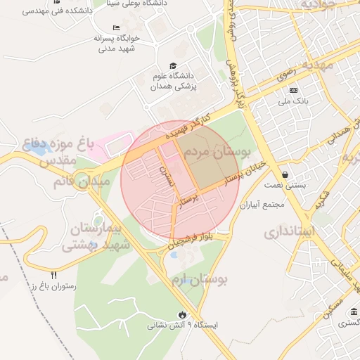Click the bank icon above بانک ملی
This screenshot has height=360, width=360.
coord(293,90)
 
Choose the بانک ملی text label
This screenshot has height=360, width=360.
coord(293,102)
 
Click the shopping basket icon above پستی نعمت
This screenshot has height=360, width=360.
coord(284,175)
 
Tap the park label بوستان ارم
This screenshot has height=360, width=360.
coord(199,280)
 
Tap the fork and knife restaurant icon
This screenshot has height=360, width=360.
coord(54,274)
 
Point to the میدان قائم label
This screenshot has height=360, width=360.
coord(81,181)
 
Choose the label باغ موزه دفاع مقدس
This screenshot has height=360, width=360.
coord(59,152)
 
